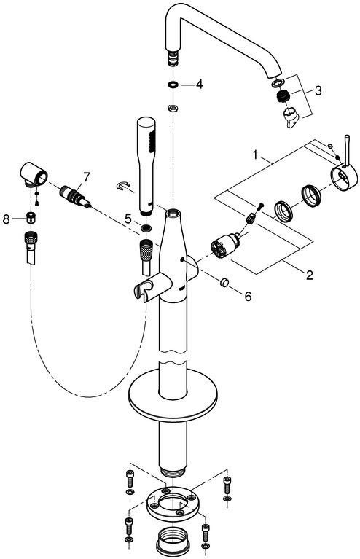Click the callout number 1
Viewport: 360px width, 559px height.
(255, 155)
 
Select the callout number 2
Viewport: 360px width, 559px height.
(309, 275)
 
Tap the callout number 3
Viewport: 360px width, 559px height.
(318, 90)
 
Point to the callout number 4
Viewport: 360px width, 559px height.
(199, 85)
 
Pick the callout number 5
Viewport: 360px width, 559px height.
(129, 219)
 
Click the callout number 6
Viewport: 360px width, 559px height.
(248, 296)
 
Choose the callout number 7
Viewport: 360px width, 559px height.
(86, 177)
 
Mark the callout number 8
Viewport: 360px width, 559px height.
(6, 219)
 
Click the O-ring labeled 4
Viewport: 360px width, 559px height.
(173, 85)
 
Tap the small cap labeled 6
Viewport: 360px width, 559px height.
(224, 282)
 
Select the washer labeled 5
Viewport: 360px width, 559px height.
(146, 228)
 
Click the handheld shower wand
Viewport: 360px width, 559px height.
(146, 165)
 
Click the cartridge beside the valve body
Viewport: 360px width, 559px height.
(224, 246)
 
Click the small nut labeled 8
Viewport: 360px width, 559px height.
(31, 216)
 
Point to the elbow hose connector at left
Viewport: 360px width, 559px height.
(34, 174)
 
